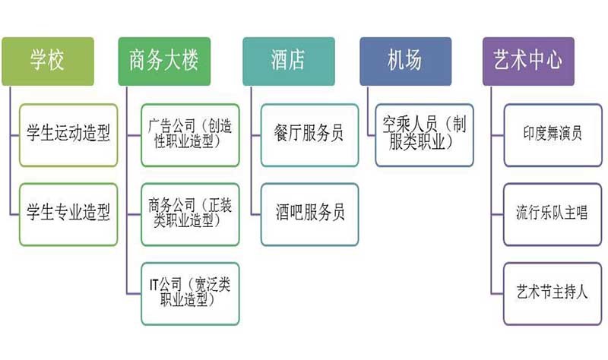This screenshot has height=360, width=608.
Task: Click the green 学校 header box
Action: [48, 61]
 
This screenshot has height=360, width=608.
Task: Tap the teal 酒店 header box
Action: [289, 61]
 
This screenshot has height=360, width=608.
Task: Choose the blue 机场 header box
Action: [405, 61]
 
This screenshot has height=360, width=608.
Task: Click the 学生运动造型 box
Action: [68, 135]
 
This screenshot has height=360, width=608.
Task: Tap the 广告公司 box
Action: [191, 134]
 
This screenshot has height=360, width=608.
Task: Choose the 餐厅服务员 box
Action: [309, 135]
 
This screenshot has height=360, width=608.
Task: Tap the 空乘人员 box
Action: [424, 134]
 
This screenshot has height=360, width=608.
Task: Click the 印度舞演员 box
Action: [553, 135]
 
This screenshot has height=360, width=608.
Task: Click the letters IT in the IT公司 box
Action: [155, 285]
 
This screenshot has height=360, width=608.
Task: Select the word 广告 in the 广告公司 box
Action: [158, 126]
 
